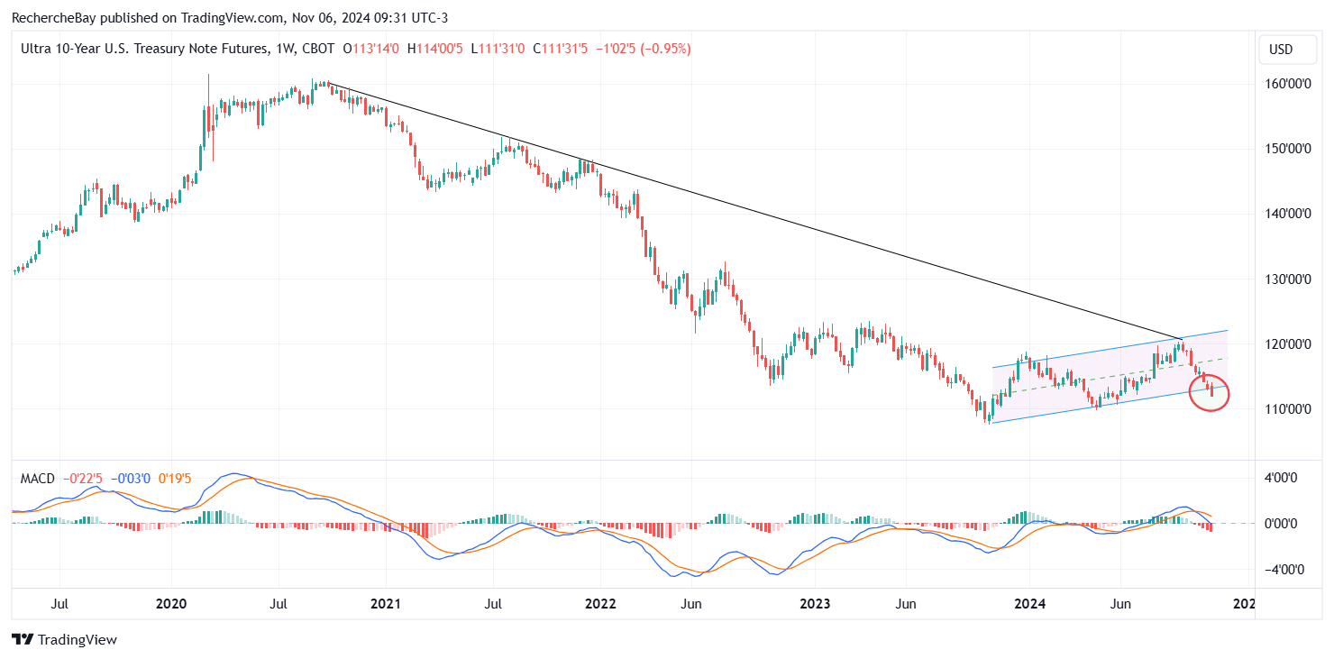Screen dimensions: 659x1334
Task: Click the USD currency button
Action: (x=1279, y=50)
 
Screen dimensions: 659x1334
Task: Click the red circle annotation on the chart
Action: (x=1209, y=394)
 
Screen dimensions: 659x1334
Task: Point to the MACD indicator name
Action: (x=38, y=478)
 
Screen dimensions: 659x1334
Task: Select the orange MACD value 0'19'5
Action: (x=174, y=478)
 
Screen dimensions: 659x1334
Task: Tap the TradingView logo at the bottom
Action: (x=65, y=639)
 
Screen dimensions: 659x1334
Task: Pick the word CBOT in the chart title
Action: (x=316, y=49)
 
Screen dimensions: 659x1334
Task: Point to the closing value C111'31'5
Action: (x=560, y=49)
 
